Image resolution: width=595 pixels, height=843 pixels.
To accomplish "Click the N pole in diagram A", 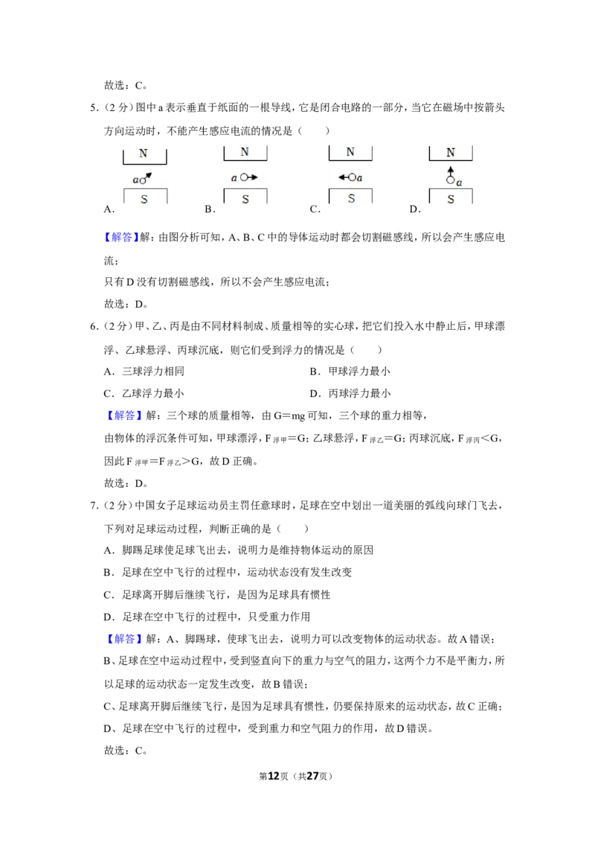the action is point(144,153).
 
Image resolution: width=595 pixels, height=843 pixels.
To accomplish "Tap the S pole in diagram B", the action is point(245,200).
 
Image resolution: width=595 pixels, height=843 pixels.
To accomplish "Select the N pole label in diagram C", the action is point(350,152).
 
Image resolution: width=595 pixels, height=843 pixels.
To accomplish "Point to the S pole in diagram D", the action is point(451,200).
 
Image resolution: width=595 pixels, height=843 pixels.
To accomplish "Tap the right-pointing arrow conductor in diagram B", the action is point(249,177).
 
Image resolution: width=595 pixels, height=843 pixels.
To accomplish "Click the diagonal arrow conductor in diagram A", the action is point(146,178).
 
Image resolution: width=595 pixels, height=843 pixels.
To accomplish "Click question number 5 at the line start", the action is point(94,108).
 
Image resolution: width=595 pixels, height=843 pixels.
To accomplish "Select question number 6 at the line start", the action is point(94,327).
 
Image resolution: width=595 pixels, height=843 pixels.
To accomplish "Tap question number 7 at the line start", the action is point(94,506).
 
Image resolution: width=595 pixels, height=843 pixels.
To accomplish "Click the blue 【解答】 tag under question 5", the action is point(121,238).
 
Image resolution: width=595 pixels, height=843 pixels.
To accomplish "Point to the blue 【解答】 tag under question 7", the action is point(125,639).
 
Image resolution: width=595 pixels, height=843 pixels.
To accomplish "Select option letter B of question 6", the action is point(315,372).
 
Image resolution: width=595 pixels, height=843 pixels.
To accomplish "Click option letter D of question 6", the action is point(315,394).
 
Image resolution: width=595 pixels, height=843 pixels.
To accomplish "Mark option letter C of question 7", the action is point(109,595).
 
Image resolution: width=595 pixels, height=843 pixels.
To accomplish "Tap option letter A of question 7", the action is point(109,550).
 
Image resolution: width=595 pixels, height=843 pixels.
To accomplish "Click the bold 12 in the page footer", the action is point(274,776).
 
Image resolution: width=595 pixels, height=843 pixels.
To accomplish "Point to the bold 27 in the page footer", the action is point(312,776).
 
